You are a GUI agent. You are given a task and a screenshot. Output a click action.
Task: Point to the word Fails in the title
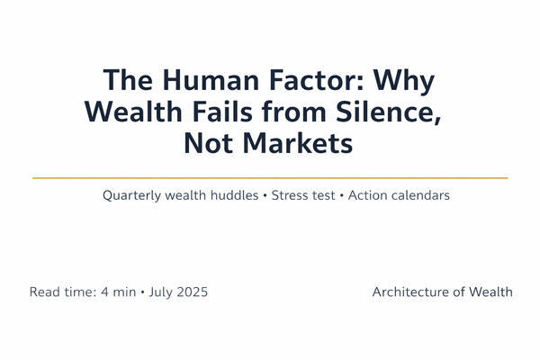[214, 112]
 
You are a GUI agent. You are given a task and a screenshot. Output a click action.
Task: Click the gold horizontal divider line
[270, 178]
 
